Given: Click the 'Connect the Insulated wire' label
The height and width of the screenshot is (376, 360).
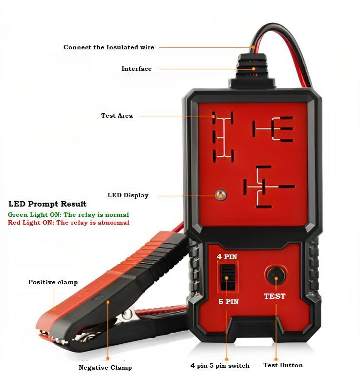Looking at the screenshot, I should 108,47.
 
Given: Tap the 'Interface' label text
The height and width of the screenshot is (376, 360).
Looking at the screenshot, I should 136,69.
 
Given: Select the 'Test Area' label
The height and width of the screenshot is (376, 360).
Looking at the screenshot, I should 117,116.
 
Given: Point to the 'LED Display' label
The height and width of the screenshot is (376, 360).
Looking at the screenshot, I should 127,195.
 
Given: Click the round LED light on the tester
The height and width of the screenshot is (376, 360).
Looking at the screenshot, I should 221,195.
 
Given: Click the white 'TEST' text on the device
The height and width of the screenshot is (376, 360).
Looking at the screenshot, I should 275,296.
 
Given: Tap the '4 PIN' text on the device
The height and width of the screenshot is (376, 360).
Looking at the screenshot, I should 227,257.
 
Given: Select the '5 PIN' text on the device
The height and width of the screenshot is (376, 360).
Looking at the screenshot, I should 228,302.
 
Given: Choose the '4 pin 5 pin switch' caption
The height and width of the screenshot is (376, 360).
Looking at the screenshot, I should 220,365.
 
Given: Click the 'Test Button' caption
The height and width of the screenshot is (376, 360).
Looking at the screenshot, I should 283,365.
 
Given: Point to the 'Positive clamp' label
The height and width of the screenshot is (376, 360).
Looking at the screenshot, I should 53,282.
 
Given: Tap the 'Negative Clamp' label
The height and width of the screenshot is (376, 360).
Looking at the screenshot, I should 105,367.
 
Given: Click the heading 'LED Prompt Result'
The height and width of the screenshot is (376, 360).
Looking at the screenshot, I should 47,204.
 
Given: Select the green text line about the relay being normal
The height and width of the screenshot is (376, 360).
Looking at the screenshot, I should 68,214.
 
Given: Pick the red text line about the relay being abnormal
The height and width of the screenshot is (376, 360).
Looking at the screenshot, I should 68,223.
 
